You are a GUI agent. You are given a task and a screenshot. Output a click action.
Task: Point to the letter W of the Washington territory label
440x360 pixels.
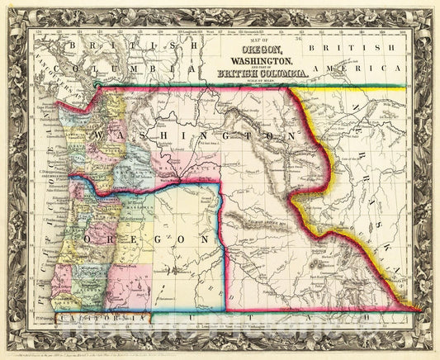(100, 135)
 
